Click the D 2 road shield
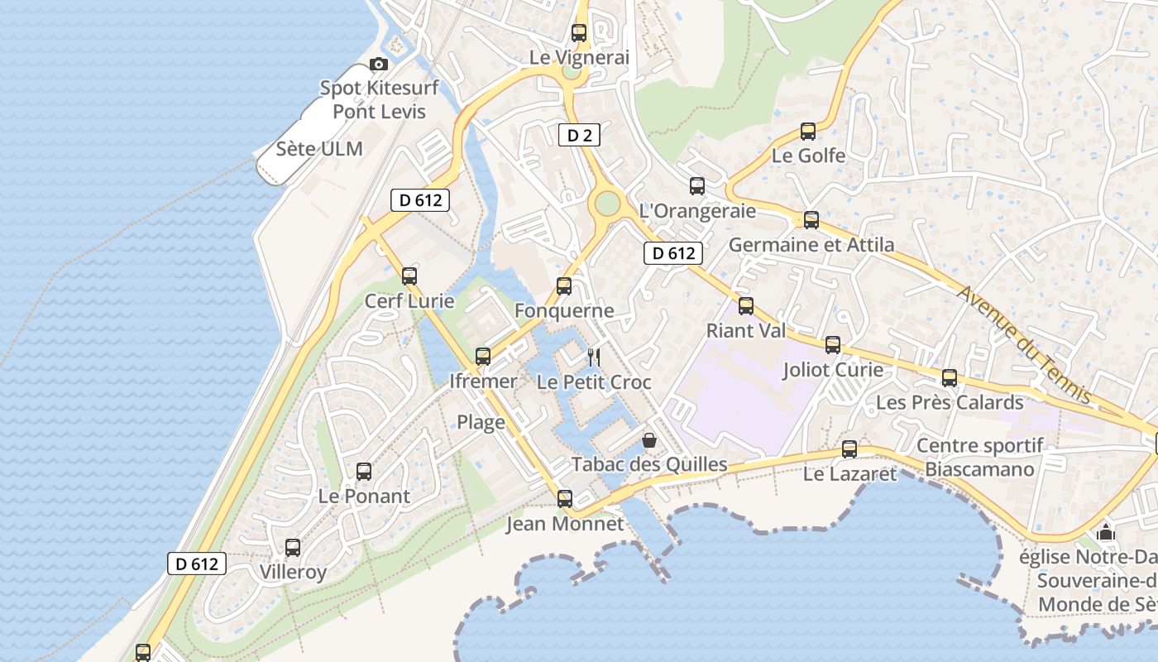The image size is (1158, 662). pos(579,136)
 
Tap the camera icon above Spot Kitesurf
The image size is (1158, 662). pos(379,64)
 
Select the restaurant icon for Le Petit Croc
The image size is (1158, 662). pos(593,357)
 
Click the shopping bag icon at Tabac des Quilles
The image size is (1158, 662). pos(649,439)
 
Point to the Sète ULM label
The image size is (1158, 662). pos(319,149)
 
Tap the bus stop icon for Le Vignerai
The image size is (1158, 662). pos(579,33)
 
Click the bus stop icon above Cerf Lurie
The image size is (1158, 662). pos(409,276)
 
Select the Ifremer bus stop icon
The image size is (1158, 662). pos(483,357)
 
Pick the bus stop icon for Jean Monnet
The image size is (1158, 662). pos(565,499)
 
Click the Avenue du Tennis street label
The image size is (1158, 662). pos(1025,346)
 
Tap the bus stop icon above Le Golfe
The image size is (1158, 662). pos(808,132)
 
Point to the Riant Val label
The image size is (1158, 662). pos(745,331)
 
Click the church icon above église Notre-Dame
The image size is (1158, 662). pos(1106,532)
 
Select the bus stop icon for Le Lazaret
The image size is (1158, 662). pos(849,449)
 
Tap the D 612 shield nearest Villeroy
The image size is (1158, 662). pos(197,564)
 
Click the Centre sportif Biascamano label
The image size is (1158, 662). pos(980,458)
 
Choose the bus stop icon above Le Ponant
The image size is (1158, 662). pos(364,472)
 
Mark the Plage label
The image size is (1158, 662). pos(481,422)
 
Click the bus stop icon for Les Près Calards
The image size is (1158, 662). pos(950,378)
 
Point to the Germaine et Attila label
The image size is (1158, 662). pos(811,245)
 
